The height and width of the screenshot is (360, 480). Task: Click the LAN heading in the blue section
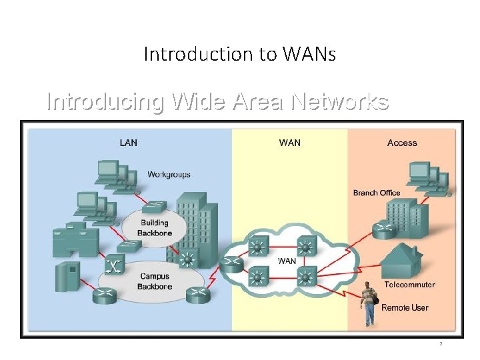(128, 143)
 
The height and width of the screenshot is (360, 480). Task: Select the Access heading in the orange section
(402, 143)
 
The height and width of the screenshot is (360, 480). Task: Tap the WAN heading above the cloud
(289, 143)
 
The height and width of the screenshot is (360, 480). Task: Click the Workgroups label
(169, 175)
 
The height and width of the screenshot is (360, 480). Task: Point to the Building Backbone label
(154, 228)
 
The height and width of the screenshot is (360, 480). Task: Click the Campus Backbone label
(155, 281)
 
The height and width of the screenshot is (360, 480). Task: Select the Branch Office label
(377, 193)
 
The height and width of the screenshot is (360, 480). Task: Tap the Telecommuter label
(409, 285)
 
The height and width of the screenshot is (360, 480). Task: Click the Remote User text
(405, 308)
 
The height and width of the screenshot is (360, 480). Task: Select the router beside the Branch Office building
(385, 230)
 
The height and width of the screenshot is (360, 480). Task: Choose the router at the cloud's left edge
(233, 263)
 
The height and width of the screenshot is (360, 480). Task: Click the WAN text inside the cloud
(287, 261)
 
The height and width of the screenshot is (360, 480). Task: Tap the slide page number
(440, 343)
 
